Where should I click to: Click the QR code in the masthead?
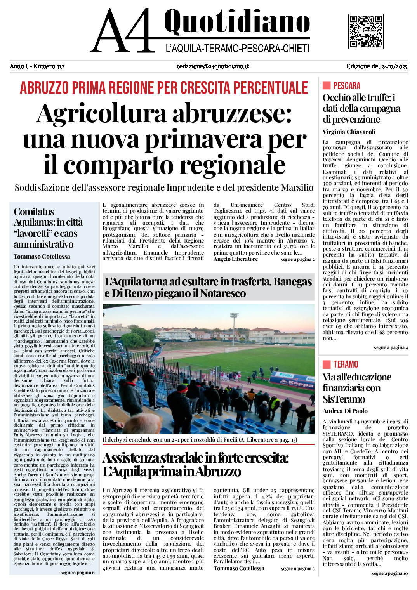366,31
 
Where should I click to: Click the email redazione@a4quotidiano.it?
212,66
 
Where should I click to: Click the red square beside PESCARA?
327,85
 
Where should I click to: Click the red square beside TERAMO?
327,364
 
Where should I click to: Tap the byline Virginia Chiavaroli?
349,132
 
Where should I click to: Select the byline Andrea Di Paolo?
345,411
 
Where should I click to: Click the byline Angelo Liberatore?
235,259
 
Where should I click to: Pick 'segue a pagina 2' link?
297,259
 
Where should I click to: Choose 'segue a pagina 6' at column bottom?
77,573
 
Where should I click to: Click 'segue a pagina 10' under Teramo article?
389,573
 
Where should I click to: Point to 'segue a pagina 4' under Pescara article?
391,347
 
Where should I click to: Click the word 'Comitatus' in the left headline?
34,212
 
